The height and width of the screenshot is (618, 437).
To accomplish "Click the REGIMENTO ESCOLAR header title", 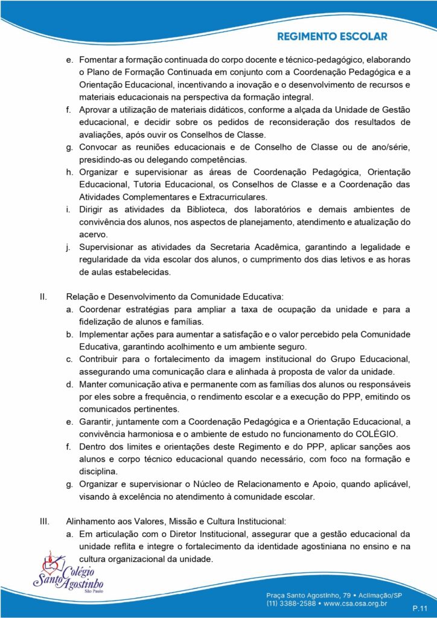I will tap(332, 36).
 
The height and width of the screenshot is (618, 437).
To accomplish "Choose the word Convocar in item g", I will tap(99, 147).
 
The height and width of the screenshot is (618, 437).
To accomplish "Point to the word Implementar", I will tap(103, 334).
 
